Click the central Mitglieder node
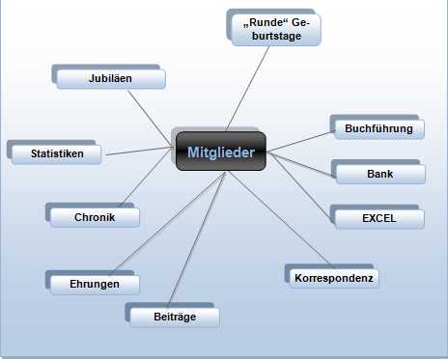point(221,152)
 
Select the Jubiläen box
point(111,78)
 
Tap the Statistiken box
point(57,153)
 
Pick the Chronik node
point(95,217)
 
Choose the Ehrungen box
point(95,285)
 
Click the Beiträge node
point(175,318)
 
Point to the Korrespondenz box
point(334,278)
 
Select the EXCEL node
point(379,219)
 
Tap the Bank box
point(380,175)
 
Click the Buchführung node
point(379,128)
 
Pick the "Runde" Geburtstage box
point(276,30)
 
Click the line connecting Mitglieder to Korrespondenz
point(281,219)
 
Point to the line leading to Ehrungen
point(167,222)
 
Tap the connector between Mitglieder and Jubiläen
point(150,118)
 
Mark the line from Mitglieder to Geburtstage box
point(247,89)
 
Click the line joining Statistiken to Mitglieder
point(139,151)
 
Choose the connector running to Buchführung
point(300,142)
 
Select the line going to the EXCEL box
point(300,187)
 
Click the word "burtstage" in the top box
point(276,36)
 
